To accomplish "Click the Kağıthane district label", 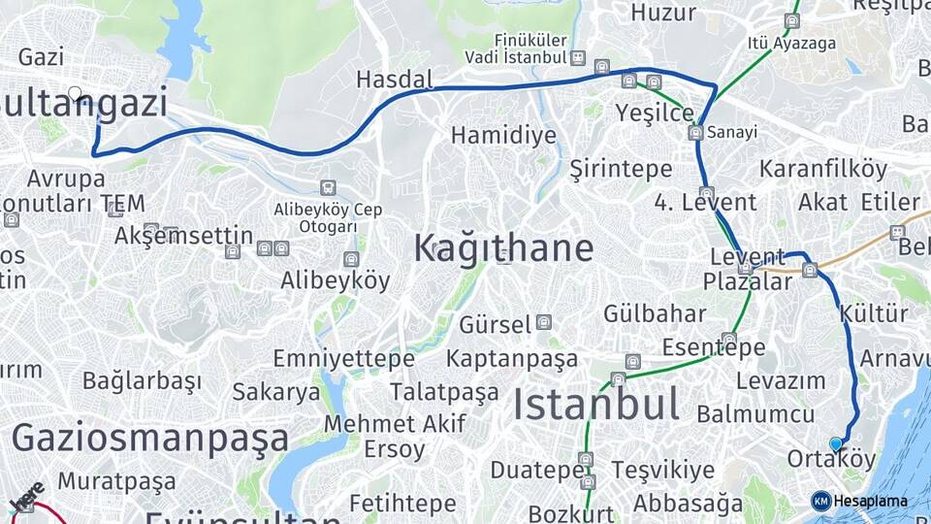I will [x=503, y=248].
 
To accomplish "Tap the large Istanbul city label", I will [x=595, y=404].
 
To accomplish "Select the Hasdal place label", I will [x=394, y=80].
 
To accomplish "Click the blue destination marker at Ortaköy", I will [x=836, y=443].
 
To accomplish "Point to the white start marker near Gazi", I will [x=75, y=93].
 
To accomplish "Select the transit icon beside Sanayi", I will [x=695, y=132].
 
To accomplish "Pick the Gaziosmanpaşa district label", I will [x=150, y=439].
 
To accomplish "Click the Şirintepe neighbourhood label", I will [x=621, y=168].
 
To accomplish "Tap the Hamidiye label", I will [x=503, y=135].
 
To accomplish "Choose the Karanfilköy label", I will [x=822, y=168].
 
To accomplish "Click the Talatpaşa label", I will [x=444, y=392].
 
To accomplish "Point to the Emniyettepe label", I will [x=343, y=359].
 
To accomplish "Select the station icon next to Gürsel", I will [x=544, y=322].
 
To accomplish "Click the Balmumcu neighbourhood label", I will [x=755, y=414].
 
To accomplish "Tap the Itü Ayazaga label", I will [x=779, y=43].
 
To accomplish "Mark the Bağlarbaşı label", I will [x=142, y=380].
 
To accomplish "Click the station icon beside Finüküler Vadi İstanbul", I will [x=578, y=57].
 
